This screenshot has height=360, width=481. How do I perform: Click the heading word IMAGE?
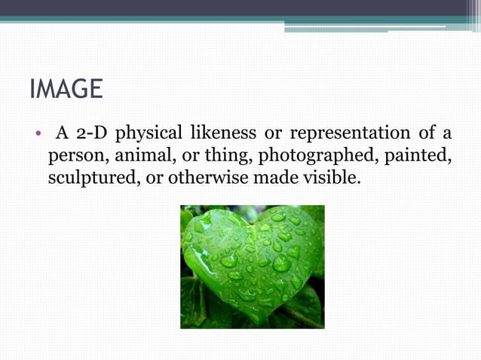[66, 90]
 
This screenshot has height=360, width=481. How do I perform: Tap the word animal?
[142, 158]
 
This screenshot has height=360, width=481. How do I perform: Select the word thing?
[231, 158]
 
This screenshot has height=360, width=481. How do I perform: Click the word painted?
[419, 158]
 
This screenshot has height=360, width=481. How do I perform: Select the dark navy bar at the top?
[240, 8]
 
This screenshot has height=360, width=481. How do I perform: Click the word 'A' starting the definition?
[63, 135]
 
